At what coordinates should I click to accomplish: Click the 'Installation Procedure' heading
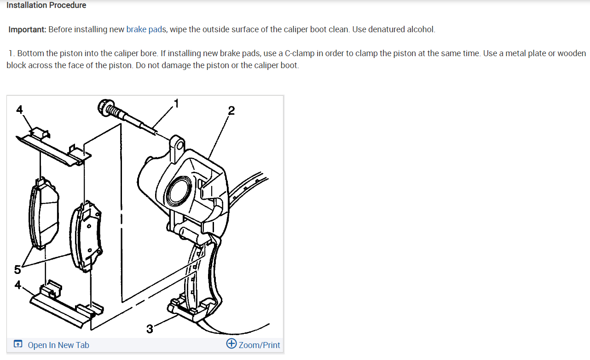pyautogui.click(x=46, y=6)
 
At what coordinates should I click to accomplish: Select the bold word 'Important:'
pyautogui.click(x=27, y=29)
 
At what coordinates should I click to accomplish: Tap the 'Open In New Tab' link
pyautogui.click(x=58, y=345)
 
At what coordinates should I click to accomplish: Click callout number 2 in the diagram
pyautogui.click(x=231, y=110)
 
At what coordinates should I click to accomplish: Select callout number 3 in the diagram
pyautogui.click(x=150, y=329)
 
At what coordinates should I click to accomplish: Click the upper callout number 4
pyautogui.click(x=19, y=109)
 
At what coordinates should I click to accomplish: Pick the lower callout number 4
pyautogui.click(x=17, y=285)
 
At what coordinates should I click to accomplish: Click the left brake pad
pyautogui.click(x=43, y=214)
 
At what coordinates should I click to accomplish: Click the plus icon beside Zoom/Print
pyautogui.click(x=231, y=344)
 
